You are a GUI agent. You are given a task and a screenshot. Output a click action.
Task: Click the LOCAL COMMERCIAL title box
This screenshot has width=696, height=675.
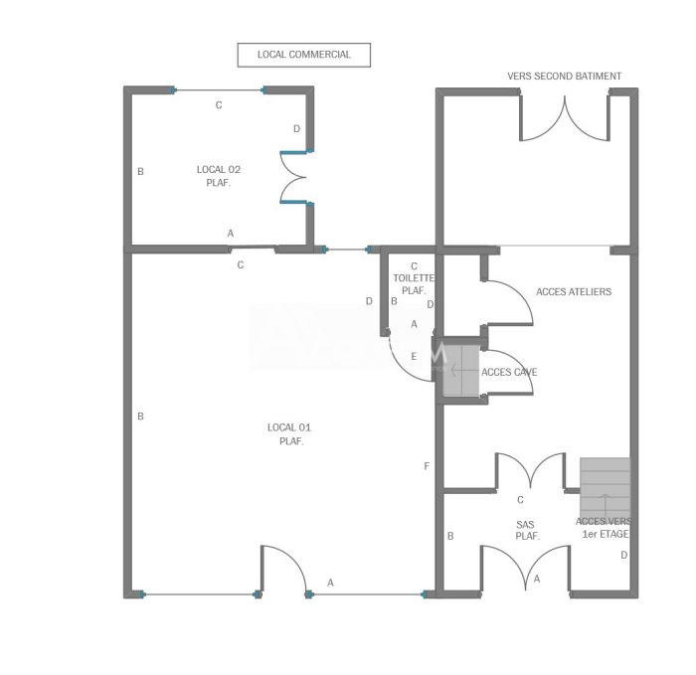[303, 55]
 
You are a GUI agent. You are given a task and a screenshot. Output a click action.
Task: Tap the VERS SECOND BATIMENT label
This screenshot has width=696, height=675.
[564, 77]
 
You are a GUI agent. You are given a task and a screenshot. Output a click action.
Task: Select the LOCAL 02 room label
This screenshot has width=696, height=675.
[218, 176]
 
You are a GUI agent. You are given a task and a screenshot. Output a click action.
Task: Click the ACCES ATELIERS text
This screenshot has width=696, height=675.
[573, 292]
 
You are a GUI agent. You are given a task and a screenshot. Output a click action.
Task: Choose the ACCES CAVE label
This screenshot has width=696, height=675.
[509, 372]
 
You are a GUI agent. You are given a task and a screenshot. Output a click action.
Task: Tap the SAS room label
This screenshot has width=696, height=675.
[527, 530]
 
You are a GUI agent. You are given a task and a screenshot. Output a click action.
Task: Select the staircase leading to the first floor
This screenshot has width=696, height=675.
[605, 487]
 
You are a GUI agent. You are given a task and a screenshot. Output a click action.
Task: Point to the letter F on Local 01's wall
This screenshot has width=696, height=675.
[427, 466]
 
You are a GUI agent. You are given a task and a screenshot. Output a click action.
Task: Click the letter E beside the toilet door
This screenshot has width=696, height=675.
[414, 356]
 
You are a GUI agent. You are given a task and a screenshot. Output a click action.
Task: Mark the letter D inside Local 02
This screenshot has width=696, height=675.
[296, 129]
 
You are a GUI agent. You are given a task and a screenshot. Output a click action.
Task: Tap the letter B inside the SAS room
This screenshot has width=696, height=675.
[450, 537]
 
